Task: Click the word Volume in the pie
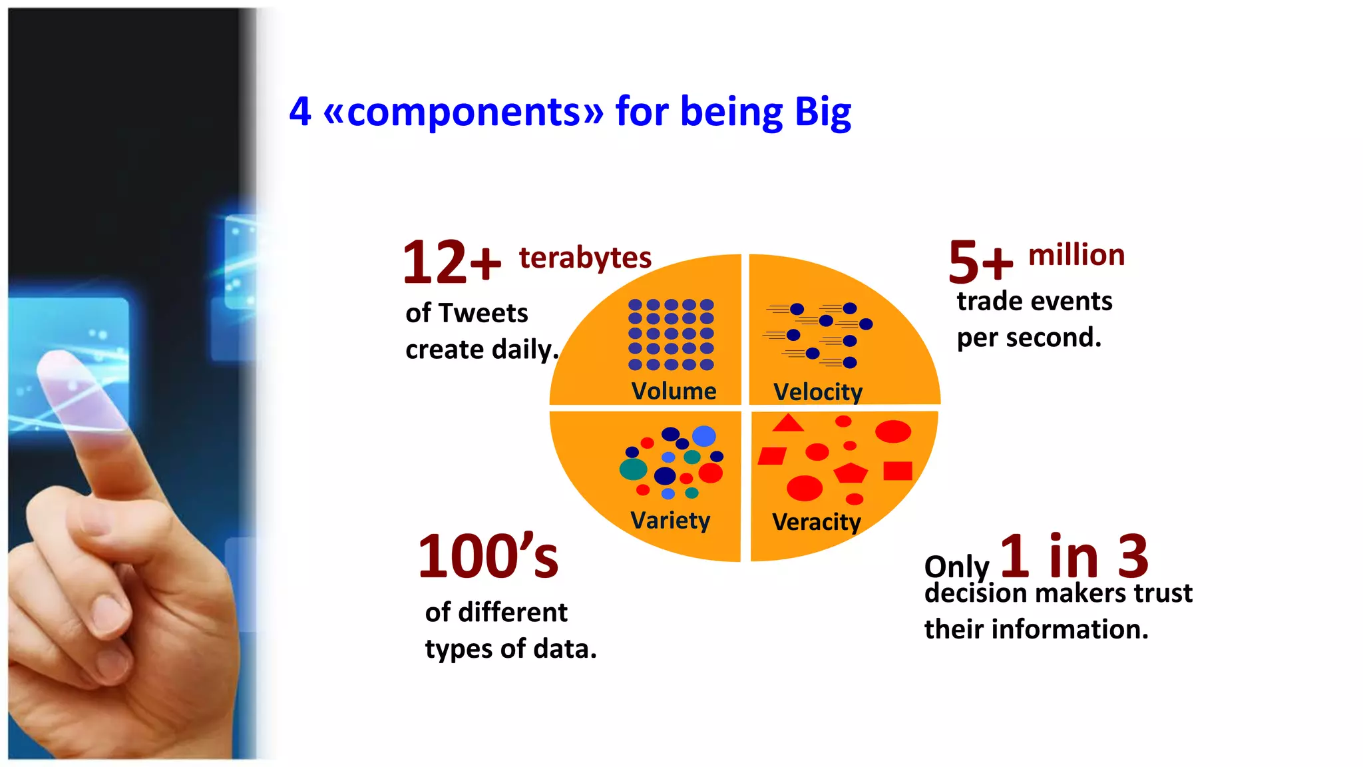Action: [x=674, y=391]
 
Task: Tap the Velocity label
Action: [x=817, y=392]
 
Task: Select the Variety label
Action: [x=670, y=520]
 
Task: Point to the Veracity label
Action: [x=816, y=522]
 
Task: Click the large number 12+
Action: [x=451, y=262]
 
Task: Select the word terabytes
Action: [x=585, y=258]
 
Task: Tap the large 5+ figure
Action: [x=980, y=262]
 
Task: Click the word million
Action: [x=1076, y=255]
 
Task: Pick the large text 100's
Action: [x=488, y=557]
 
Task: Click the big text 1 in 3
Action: [x=1073, y=557]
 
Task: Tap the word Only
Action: [x=956, y=567]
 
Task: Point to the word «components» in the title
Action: [x=463, y=112]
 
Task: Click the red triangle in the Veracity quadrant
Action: [x=789, y=424]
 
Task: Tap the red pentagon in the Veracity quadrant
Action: [x=851, y=473]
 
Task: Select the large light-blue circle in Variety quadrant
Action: [x=703, y=436]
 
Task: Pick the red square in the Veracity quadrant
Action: [x=898, y=471]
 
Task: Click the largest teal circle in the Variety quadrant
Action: [x=633, y=469]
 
